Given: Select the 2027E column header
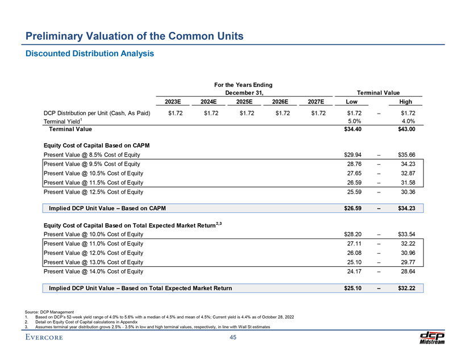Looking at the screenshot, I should point(315,102).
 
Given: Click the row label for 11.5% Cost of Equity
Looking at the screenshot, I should point(93,182).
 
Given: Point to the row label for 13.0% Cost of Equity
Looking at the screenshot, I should point(93,261).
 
